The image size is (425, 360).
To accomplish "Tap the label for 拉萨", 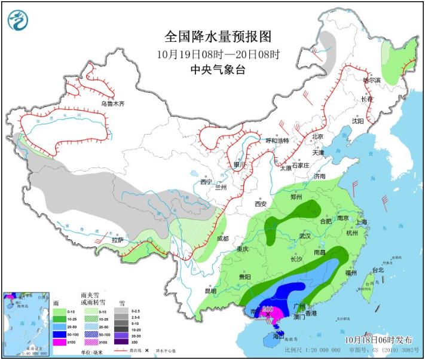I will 118,240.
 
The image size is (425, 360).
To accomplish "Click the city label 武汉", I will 305,236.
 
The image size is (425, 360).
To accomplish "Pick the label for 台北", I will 378,270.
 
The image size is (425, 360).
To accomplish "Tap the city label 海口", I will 276,337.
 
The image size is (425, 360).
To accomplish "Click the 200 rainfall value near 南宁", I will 267,309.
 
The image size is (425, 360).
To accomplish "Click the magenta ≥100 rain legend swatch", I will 59,342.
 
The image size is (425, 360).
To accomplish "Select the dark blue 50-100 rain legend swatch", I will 59,334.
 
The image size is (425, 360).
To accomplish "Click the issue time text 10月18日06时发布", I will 378,339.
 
